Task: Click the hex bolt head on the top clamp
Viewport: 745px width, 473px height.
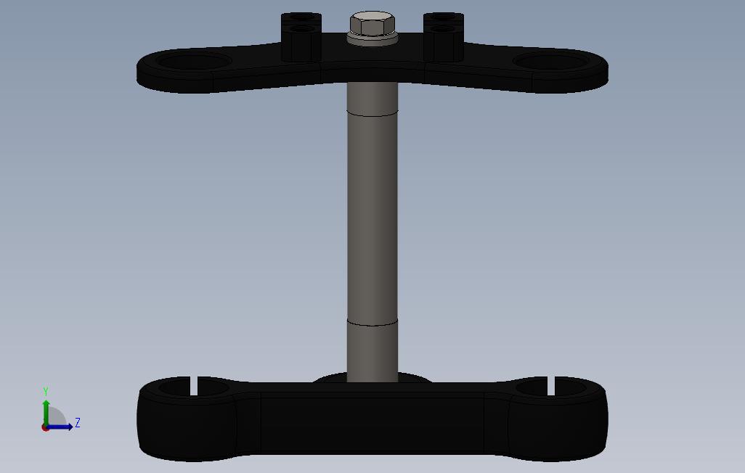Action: [x=372, y=23]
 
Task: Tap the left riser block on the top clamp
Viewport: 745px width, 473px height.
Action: [x=301, y=37]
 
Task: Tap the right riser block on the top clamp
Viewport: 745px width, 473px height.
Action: [x=443, y=37]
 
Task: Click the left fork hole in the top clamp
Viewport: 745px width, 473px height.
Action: [x=194, y=61]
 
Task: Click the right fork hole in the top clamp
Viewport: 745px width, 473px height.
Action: [x=551, y=61]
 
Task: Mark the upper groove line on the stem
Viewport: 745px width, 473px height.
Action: [x=372, y=114]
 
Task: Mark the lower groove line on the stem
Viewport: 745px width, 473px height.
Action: [x=372, y=323]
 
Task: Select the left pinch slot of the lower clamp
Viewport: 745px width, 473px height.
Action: [x=194, y=385]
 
